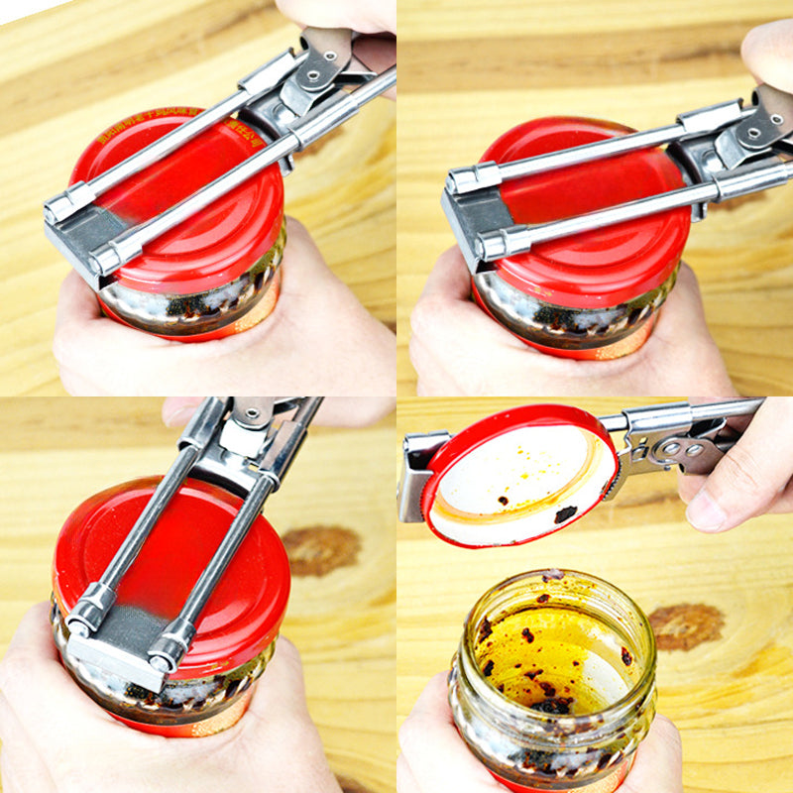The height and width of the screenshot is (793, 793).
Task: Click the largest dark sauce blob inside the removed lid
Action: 565,514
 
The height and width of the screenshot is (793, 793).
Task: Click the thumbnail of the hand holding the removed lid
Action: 707,509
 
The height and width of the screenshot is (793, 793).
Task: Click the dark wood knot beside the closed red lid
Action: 321,549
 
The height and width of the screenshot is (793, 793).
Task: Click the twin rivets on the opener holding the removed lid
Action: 676,448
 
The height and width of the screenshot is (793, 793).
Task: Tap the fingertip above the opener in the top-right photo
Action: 768,55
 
